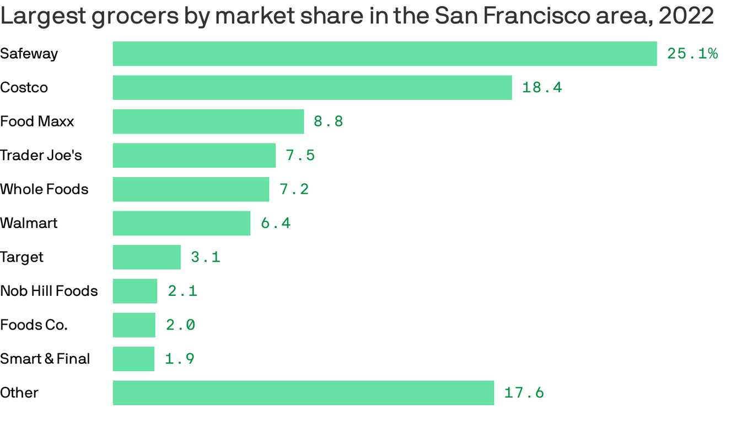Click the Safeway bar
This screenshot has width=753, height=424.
click(x=385, y=54)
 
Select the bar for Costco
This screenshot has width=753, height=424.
click(x=312, y=87)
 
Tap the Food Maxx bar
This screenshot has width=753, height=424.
click(x=208, y=121)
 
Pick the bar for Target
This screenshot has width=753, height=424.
click(x=147, y=257)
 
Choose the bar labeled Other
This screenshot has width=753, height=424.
click(x=303, y=393)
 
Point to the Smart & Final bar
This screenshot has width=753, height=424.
click(x=133, y=359)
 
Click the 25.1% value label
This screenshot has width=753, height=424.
click(x=692, y=54)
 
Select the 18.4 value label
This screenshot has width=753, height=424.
click(x=542, y=87)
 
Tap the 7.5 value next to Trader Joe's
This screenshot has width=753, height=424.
click(x=300, y=155)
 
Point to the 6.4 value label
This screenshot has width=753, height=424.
click(x=276, y=223)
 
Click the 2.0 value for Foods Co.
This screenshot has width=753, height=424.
click(x=181, y=325)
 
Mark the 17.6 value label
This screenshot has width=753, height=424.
click(x=524, y=393)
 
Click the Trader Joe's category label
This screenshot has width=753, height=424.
click(x=41, y=155)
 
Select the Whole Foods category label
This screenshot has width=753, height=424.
click(x=44, y=189)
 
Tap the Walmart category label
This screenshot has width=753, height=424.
click(x=29, y=223)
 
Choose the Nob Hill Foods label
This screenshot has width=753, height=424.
click(x=49, y=291)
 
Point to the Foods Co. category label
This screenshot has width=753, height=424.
click(x=34, y=325)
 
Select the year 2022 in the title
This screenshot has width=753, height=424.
click(x=686, y=17)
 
